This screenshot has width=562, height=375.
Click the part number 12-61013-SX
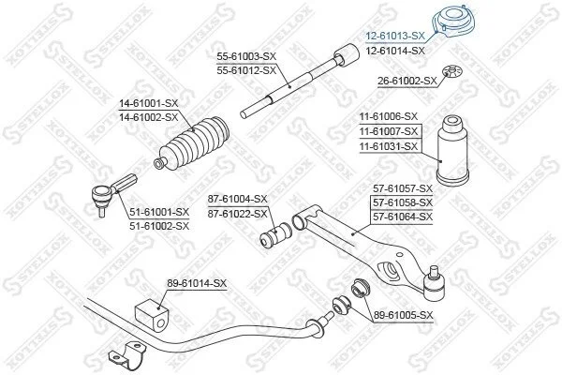click(394, 36)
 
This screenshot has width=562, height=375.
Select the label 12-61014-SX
click(395, 51)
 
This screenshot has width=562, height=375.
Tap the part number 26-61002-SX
click(407, 82)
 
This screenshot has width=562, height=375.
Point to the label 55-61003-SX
click(246, 56)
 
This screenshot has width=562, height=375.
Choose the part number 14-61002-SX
click(148, 117)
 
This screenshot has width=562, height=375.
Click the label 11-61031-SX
click(389, 146)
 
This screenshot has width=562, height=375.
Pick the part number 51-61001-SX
click(159, 212)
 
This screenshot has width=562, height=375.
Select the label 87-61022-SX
click(238, 215)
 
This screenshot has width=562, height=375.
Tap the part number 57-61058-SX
click(403, 202)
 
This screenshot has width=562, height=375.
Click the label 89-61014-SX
click(197, 283)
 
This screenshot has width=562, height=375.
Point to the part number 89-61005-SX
click(404, 315)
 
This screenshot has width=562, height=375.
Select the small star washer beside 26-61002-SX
click(452, 70)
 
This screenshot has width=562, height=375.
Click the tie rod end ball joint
click(111, 193)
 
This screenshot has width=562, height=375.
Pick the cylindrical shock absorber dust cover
click(452, 150)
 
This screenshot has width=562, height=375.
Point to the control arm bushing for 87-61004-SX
click(276, 234)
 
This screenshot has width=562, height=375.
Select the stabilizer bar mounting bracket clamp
click(126, 355)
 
